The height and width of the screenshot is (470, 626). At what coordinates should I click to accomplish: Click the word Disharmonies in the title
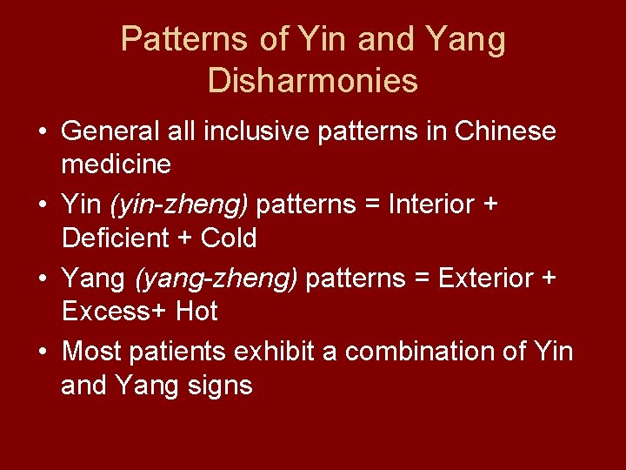pyautogui.click(x=313, y=81)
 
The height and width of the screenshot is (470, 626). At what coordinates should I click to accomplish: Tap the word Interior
pyautogui.click(x=431, y=205)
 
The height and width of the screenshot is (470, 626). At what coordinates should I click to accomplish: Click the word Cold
pyautogui.click(x=229, y=237)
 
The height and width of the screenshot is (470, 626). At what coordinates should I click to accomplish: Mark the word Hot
pyautogui.click(x=196, y=310)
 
